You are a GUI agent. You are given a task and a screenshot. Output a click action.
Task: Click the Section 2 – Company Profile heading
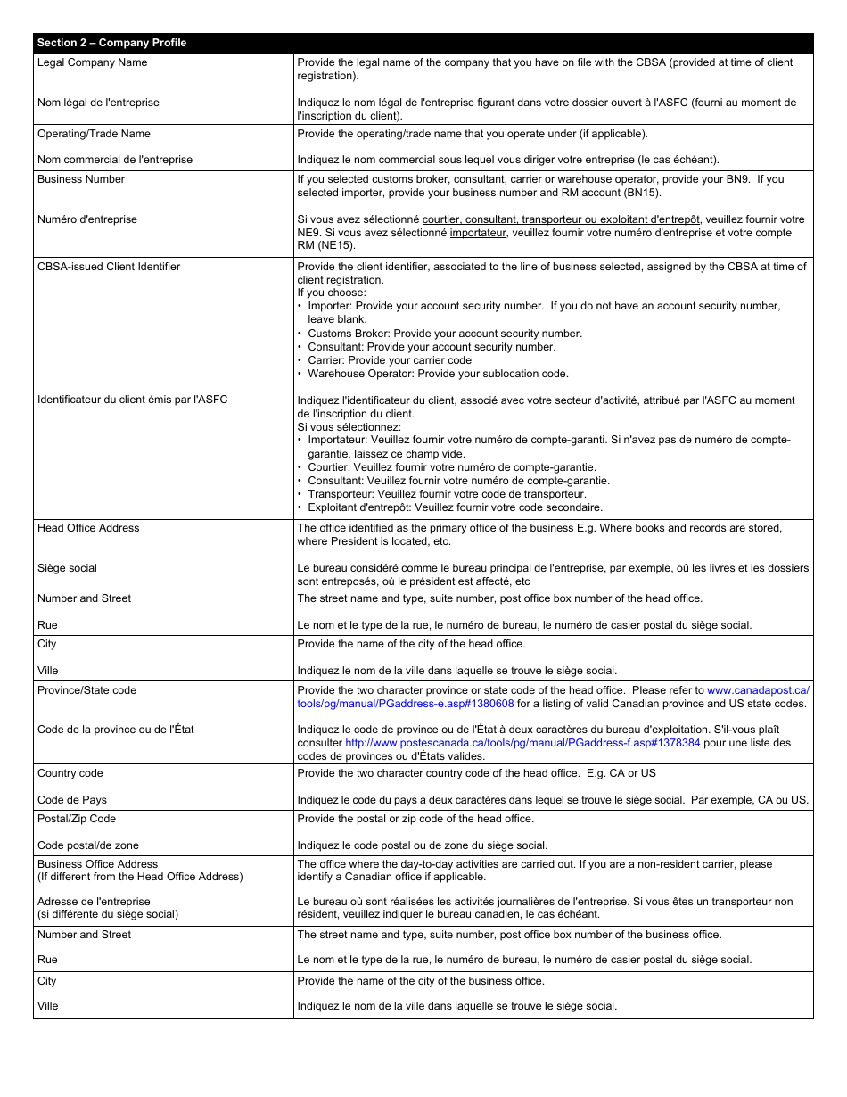pos(111,43)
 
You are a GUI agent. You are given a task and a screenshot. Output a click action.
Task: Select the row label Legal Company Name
pos(92,62)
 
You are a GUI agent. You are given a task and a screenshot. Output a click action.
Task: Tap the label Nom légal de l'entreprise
pos(98,103)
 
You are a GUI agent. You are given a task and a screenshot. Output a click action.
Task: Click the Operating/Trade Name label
pos(94,134)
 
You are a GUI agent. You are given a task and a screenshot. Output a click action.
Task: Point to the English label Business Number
pos(81,179)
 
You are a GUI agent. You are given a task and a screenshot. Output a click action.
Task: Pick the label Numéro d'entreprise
pos(87,219)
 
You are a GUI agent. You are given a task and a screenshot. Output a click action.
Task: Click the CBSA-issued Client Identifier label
pos(109,267)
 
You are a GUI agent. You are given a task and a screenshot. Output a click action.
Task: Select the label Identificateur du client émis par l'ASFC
pos(132,400)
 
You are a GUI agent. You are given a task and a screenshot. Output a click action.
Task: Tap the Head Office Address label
pos(88,528)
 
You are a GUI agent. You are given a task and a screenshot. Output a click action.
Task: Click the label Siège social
pos(67,568)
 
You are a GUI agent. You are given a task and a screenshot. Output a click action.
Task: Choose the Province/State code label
pos(86,690)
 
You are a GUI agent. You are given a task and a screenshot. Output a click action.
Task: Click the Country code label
pos(70,773)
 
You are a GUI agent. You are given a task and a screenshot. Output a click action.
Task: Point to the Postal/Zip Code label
pos(77,819)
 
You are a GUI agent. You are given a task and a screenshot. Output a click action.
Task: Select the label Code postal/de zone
pos(88,845)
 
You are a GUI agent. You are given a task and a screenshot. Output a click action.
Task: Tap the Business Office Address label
pos(97,864)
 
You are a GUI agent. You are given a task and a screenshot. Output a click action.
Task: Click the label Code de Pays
pos(72,800)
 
